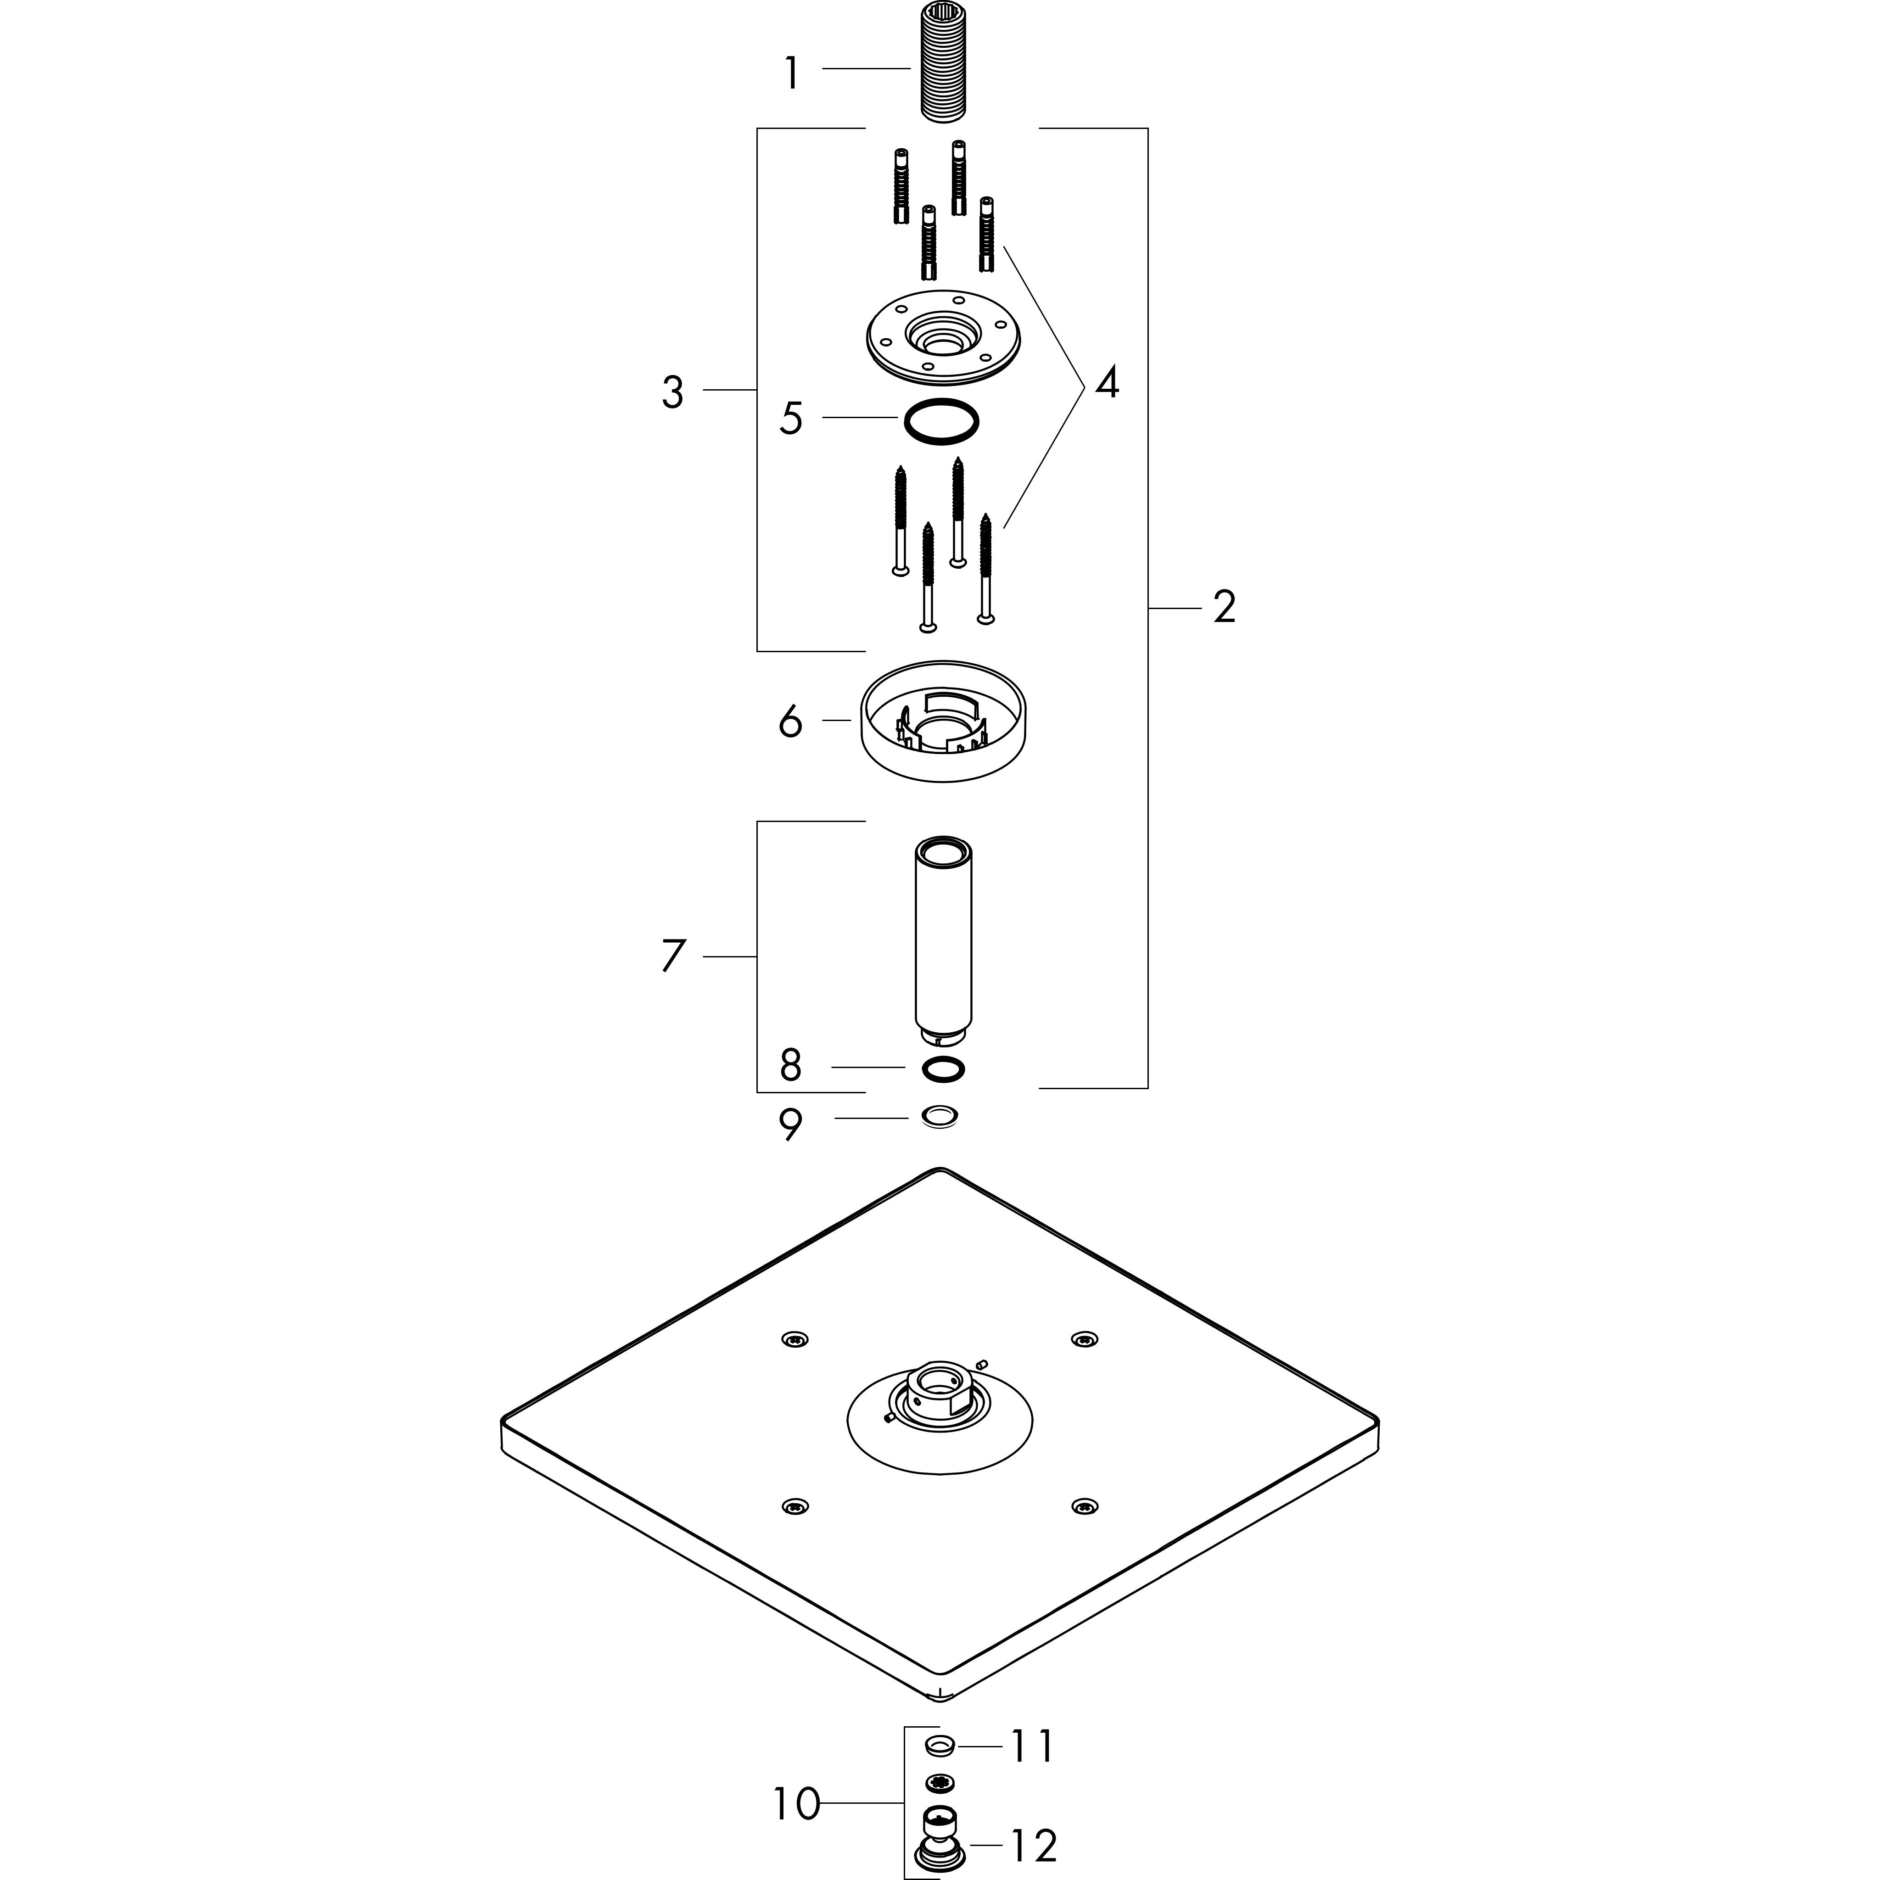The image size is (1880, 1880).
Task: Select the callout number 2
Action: (x=1224, y=607)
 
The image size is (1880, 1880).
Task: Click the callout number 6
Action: (x=790, y=722)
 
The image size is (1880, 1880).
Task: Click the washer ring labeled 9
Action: (x=940, y=1117)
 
